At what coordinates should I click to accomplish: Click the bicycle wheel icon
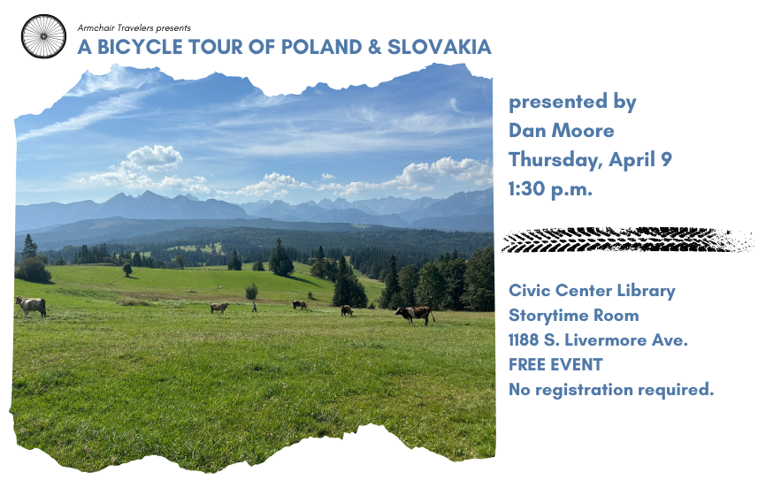pos(43,36)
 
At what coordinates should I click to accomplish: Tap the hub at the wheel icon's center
pos(43,36)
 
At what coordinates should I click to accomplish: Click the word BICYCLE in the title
pos(141,47)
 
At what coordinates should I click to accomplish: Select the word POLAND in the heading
pos(321,47)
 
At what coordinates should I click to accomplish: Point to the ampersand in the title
pos(375,47)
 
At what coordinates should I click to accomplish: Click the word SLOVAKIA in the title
pos(440,47)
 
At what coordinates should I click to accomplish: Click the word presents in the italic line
pos(173,28)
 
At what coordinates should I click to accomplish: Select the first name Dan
pos(527,131)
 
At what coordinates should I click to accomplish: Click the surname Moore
pos(583,131)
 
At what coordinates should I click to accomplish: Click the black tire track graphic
pos(627,240)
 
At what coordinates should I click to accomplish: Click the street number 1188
pos(524,339)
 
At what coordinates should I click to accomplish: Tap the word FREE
pos(527,364)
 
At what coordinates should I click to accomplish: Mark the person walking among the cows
pos(254,307)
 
